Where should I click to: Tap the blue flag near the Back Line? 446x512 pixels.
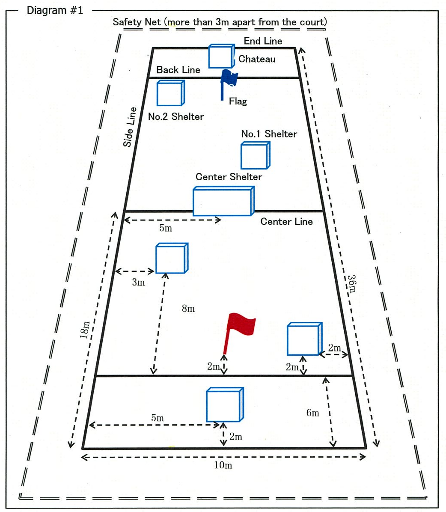(229, 81)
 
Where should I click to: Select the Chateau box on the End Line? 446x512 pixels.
(221, 57)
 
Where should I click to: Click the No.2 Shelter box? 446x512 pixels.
(170, 93)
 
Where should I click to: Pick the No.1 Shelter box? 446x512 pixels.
(255, 156)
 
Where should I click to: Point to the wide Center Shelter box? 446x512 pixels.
(223, 201)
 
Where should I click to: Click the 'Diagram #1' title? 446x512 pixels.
(55, 10)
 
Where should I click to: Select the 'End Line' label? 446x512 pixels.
(263, 41)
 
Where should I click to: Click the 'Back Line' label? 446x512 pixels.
(178, 70)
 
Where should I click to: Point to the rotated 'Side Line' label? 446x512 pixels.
(130, 127)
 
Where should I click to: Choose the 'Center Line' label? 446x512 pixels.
(286, 221)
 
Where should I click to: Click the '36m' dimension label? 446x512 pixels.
(351, 283)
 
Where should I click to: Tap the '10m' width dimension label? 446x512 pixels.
(223, 465)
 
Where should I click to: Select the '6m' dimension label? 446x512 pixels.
(312, 413)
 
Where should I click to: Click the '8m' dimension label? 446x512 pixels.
(188, 308)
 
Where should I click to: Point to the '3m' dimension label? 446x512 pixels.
(138, 283)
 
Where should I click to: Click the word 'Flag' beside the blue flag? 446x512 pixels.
(238, 101)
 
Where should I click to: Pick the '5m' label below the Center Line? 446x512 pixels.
(165, 228)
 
